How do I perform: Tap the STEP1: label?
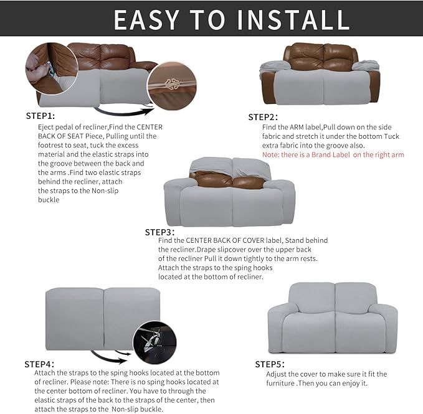[40, 116]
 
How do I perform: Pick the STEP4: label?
[39, 364]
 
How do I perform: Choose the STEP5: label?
[270, 364]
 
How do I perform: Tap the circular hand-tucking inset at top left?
[47, 70]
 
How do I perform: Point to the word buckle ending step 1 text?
[49, 200]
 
